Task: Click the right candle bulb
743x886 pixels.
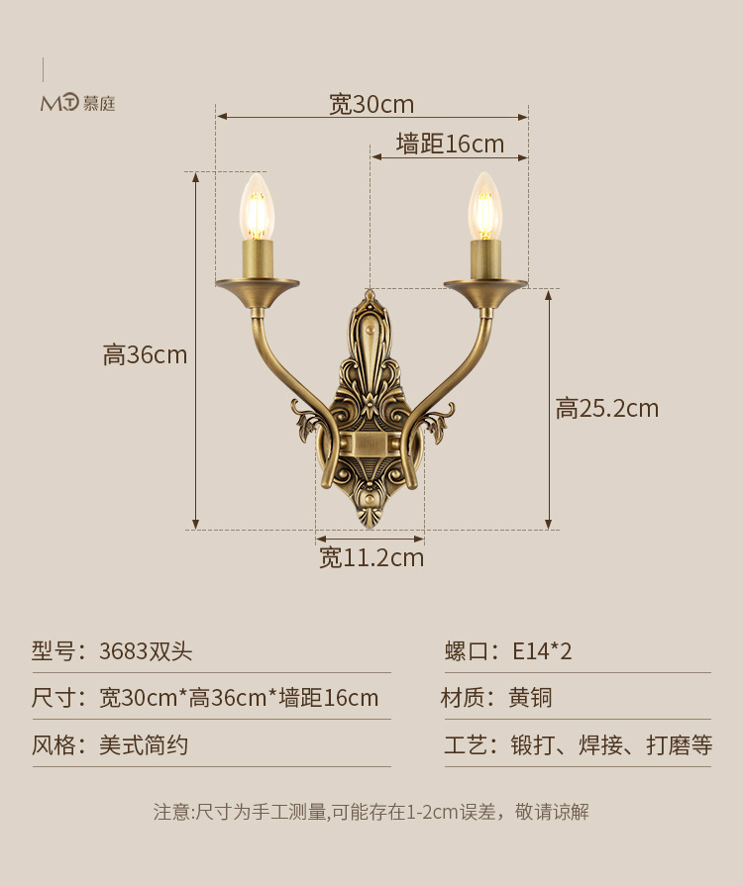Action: point(484,207)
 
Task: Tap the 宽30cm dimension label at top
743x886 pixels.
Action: point(371,104)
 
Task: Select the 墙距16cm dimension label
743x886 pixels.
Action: point(450,145)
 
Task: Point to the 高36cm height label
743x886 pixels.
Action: point(145,354)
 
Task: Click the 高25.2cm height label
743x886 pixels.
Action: point(606,408)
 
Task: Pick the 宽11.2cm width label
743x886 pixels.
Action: point(371,558)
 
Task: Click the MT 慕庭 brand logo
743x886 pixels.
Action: point(77,102)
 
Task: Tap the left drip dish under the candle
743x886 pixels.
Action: point(258,288)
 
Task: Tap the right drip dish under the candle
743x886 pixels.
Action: point(485,287)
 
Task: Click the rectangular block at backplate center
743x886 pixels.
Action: point(371,443)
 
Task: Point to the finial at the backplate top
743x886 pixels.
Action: point(371,296)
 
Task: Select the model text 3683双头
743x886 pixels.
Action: point(146,651)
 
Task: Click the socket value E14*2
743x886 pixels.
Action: point(542,651)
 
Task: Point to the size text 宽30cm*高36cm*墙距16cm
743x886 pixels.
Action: point(239,698)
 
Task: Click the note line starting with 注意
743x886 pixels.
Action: point(371,812)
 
